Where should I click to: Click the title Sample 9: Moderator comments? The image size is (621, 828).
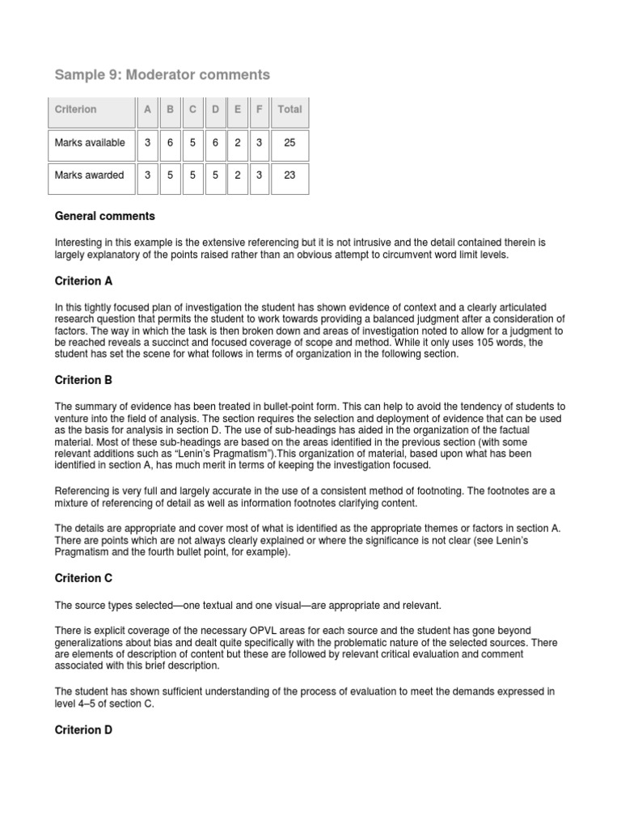click(162, 75)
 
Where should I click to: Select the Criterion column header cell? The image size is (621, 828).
click(75, 109)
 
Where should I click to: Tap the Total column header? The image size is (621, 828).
click(289, 109)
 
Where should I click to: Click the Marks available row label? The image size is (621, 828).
click(90, 143)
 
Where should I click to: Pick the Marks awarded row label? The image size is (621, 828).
click(89, 175)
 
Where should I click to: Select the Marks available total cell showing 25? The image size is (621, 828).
click(289, 143)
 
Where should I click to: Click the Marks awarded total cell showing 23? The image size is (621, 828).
click(289, 175)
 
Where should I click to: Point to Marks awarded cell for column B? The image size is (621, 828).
click(170, 175)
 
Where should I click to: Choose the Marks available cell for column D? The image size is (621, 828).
click(215, 143)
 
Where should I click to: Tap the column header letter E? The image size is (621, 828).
click(237, 109)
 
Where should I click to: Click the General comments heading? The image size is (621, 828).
click(104, 217)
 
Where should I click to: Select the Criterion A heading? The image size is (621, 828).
click(83, 281)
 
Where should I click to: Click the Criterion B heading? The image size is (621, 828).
click(83, 379)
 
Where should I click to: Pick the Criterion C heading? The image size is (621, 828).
click(83, 579)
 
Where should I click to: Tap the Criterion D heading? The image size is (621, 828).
click(83, 729)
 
